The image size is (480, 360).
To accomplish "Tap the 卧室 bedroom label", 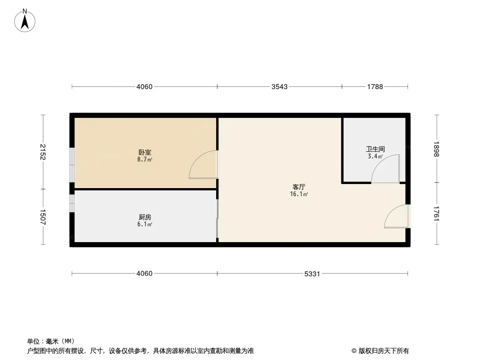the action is click(145, 152).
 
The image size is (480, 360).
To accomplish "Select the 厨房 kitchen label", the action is click(145, 217).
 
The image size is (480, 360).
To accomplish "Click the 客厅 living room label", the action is click(299, 187).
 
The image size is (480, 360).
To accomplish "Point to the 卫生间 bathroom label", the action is click(375, 149).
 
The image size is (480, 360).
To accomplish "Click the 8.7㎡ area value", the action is click(145, 159).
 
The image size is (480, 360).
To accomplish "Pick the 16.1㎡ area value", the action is click(299, 194).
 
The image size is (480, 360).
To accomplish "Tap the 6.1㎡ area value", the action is click(145, 224).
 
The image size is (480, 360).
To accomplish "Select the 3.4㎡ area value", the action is click(375, 156).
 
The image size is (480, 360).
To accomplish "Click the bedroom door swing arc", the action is click(198, 158).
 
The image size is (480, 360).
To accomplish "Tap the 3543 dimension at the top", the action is click(280, 86).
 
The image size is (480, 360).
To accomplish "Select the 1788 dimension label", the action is click(375, 86).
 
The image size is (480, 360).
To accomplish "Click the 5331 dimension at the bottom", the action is click(312, 274).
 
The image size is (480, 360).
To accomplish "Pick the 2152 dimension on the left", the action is click(42, 152).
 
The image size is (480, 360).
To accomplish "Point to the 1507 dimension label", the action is click(42, 217).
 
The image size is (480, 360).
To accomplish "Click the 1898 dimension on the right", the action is click(436, 149).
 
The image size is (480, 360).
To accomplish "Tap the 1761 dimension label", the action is click(436, 213).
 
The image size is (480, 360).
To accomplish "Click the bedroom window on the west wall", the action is click(72, 165).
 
